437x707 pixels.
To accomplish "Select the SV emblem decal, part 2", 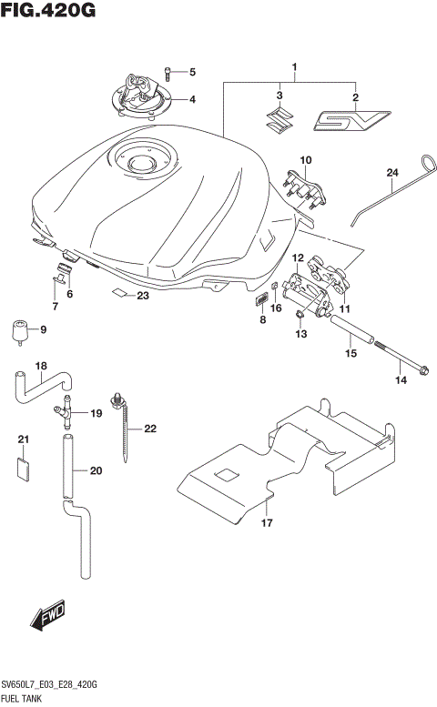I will [x=352, y=119].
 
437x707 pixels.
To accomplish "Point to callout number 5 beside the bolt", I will [x=192, y=71].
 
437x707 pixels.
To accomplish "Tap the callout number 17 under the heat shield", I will [x=266, y=522].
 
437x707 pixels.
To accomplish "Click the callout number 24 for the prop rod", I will [x=392, y=173].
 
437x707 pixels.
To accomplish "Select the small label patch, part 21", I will [x=24, y=468].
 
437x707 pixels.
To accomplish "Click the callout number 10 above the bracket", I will [x=305, y=161].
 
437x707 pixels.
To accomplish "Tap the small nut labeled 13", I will [x=300, y=316].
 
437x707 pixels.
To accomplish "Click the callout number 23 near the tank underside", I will [x=143, y=295].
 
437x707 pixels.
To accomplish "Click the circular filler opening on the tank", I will [x=141, y=164].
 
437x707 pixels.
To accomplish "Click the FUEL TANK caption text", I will [x=27, y=698].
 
